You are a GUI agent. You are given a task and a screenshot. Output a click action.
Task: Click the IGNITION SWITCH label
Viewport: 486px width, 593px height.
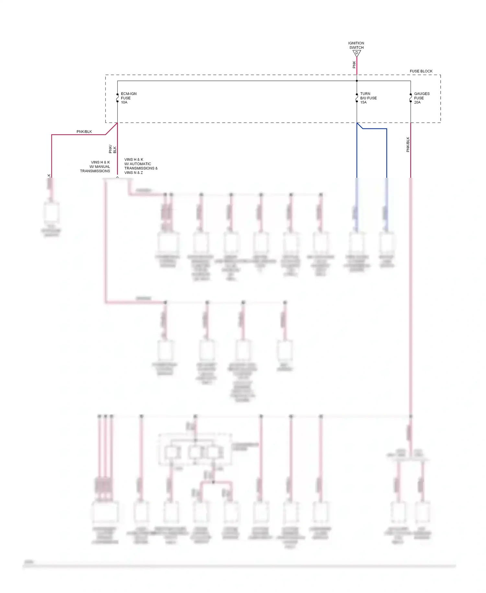[x=356, y=45]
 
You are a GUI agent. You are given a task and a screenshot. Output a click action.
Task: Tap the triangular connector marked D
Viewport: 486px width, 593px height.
[x=357, y=53]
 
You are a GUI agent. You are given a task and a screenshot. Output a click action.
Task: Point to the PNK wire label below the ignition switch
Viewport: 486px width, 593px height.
[x=354, y=65]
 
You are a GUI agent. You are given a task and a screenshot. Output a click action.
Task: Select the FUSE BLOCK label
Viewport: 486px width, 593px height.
[x=421, y=71]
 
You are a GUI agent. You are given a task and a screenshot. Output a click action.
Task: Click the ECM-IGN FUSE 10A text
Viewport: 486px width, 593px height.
[x=128, y=98]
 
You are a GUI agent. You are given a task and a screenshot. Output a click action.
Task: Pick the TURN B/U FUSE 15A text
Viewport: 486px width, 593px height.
[x=368, y=98]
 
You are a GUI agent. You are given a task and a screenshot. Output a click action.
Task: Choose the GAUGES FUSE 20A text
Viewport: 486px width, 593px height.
[x=422, y=98]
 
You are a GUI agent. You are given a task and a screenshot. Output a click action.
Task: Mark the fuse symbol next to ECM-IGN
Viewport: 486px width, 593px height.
[x=117, y=98]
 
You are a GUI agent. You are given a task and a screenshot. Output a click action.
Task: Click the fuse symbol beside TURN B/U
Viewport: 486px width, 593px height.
[x=357, y=98]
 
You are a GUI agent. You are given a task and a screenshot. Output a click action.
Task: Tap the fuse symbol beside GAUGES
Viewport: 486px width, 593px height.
[x=411, y=98]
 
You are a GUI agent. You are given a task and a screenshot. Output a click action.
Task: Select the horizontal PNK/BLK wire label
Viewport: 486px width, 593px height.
[x=84, y=132]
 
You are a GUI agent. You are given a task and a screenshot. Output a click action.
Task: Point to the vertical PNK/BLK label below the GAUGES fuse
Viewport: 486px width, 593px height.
[x=408, y=144]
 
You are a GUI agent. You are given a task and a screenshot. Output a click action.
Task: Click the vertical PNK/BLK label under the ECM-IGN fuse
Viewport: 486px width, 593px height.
[x=112, y=149]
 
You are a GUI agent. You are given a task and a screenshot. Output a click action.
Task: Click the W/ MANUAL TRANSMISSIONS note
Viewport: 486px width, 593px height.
[x=95, y=167]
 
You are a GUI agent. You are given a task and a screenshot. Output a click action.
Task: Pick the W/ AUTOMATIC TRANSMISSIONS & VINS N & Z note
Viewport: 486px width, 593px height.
[x=141, y=166]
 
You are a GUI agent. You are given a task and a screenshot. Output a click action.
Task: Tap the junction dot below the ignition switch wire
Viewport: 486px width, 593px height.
[x=357, y=81]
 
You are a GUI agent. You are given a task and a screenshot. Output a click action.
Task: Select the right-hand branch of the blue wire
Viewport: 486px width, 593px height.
[x=387, y=152]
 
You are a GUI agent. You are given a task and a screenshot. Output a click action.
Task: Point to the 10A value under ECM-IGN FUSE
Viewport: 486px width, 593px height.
[x=124, y=103]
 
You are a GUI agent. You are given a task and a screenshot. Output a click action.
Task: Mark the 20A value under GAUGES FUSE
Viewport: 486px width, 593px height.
[x=417, y=103]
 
